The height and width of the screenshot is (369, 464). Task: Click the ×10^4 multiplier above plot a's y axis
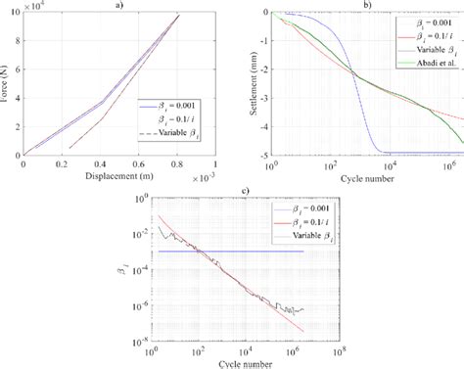click(32, 7)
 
